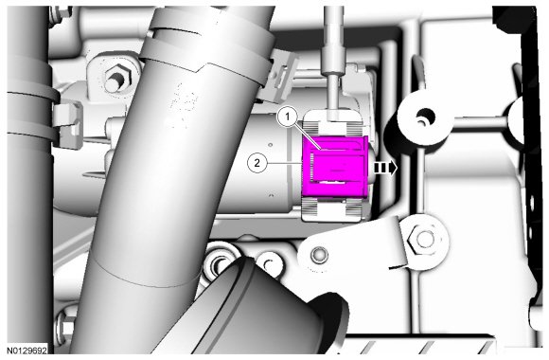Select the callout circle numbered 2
pyautogui.click(x=257, y=163)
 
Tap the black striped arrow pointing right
pyautogui.click(x=385, y=168)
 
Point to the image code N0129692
pyautogui.click(x=27, y=351)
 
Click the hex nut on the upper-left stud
pyautogui.click(x=117, y=78)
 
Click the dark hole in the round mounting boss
pyautogui.click(x=425, y=116)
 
